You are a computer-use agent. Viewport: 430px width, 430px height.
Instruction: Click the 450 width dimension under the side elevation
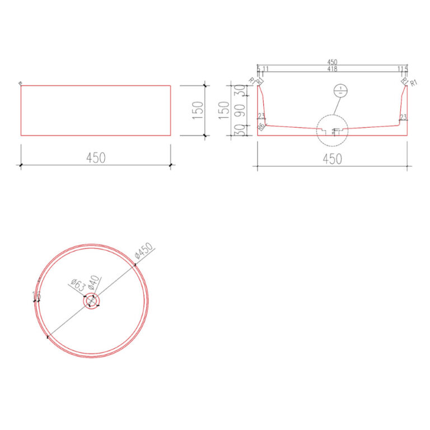coord(96,158)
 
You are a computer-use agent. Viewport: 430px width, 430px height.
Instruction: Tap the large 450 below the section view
coord(332,159)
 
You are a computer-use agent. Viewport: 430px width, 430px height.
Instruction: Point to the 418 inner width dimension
coord(332,69)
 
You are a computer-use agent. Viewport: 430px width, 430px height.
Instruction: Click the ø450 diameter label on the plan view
coord(144,253)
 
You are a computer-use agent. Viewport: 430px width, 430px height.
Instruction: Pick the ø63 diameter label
coord(78,286)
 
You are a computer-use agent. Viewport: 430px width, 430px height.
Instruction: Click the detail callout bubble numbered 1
coord(339,91)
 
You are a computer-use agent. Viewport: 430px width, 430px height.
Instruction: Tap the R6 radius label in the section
coord(261,127)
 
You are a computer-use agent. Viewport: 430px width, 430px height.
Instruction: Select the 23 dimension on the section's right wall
coord(403,117)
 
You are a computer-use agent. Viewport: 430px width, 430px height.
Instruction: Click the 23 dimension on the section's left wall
coord(261,116)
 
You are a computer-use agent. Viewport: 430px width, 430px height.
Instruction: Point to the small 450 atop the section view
coord(332,62)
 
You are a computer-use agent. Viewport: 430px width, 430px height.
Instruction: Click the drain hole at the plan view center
coord(91,301)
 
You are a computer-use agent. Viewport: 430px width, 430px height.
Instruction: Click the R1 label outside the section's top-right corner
coord(414,83)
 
